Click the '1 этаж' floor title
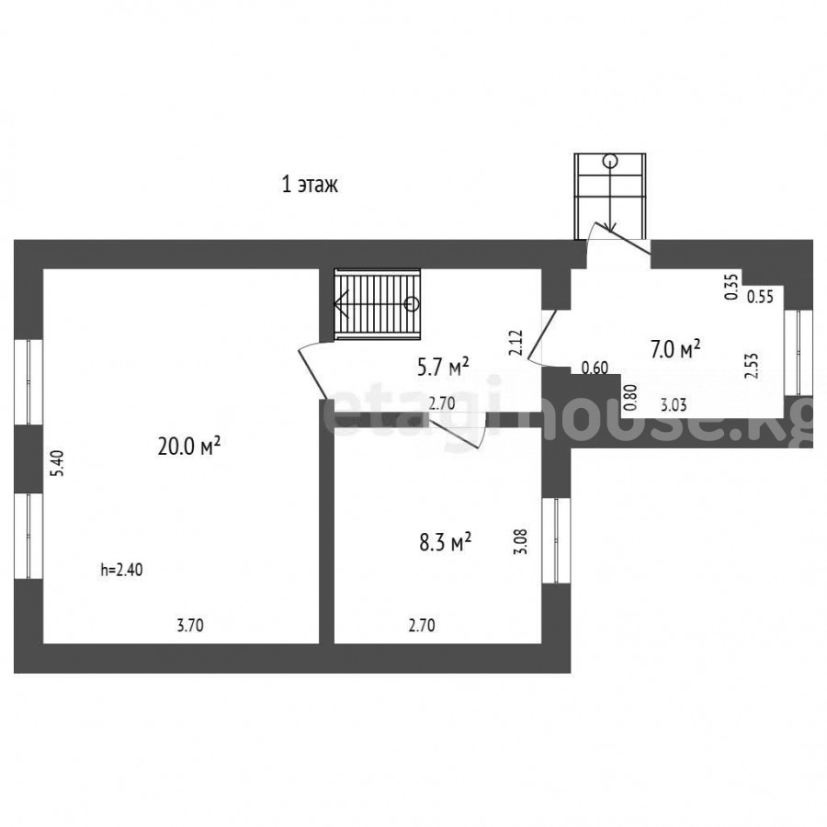(x=310, y=185)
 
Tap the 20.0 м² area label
(x=188, y=447)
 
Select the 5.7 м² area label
(x=443, y=367)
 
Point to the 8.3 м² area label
(x=445, y=541)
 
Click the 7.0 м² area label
(x=675, y=349)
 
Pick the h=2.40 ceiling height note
(x=122, y=570)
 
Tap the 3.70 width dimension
(x=190, y=626)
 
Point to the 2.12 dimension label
(x=515, y=343)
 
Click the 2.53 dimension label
(x=751, y=366)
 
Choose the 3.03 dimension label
(x=674, y=405)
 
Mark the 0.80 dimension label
(x=630, y=398)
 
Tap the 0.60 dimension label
(x=595, y=368)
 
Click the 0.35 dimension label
(x=731, y=288)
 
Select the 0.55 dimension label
(x=761, y=297)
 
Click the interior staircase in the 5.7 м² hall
(x=378, y=304)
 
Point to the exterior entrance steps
(x=610, y=196)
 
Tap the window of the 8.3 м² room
(x=556, y=540)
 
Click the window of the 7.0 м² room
(x=798, y=352)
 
